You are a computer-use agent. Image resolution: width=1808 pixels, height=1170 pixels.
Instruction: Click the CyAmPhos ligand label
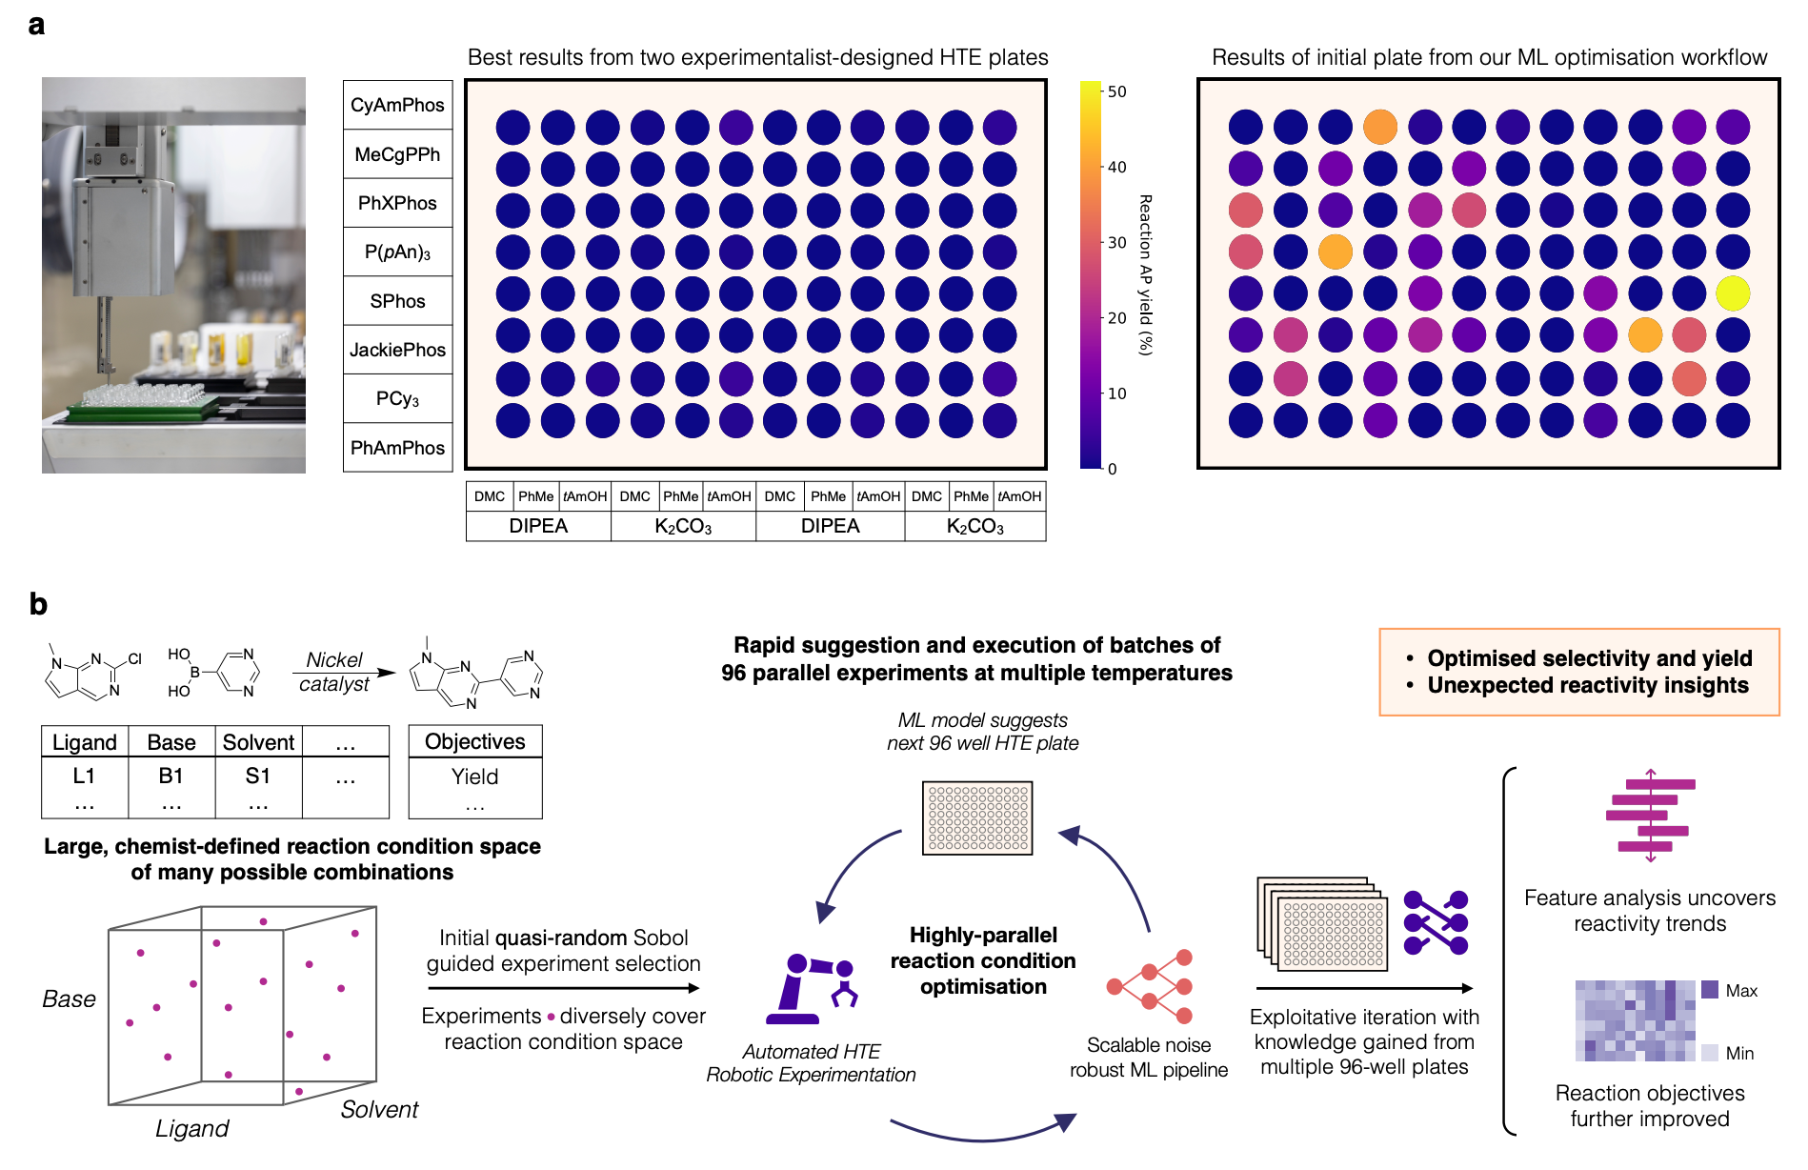point(397,105)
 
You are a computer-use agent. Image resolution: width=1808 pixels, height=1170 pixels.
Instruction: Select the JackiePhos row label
point(397,350)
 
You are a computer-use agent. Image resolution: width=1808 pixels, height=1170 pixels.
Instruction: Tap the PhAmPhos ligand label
point(397,448)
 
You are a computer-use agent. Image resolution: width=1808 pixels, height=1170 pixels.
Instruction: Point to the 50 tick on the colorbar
point(1116,91)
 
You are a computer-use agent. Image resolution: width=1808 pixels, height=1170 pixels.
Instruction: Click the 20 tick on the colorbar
point(1116,317)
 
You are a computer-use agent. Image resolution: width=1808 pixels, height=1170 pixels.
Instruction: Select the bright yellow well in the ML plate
point(1733,293)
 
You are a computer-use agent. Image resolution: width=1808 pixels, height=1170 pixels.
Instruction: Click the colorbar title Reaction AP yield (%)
point(1145,274)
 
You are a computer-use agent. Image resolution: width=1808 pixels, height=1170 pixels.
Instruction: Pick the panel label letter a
point(36,25)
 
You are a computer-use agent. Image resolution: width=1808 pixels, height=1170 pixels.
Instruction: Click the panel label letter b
point(38,604)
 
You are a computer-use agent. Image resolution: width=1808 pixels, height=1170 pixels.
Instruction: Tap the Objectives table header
point(474,741)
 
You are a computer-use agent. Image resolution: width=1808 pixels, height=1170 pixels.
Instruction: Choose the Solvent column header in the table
point(258,742)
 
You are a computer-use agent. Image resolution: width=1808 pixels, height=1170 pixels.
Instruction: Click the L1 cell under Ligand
point(84,776)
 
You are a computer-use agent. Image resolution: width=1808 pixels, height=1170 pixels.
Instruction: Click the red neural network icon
point(1151,986)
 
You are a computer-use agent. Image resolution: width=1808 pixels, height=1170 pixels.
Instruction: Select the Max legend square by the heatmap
point(1710,990)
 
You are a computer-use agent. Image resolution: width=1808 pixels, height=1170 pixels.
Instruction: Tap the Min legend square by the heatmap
point(1710,1053)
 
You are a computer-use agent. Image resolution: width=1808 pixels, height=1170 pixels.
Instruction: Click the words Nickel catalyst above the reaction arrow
point(334,672)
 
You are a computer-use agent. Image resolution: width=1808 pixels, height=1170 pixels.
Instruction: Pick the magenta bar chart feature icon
point(1650,816)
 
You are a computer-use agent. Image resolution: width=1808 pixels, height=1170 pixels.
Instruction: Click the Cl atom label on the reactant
point(134,658)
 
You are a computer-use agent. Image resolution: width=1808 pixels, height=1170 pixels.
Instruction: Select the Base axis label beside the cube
point(69,999)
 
